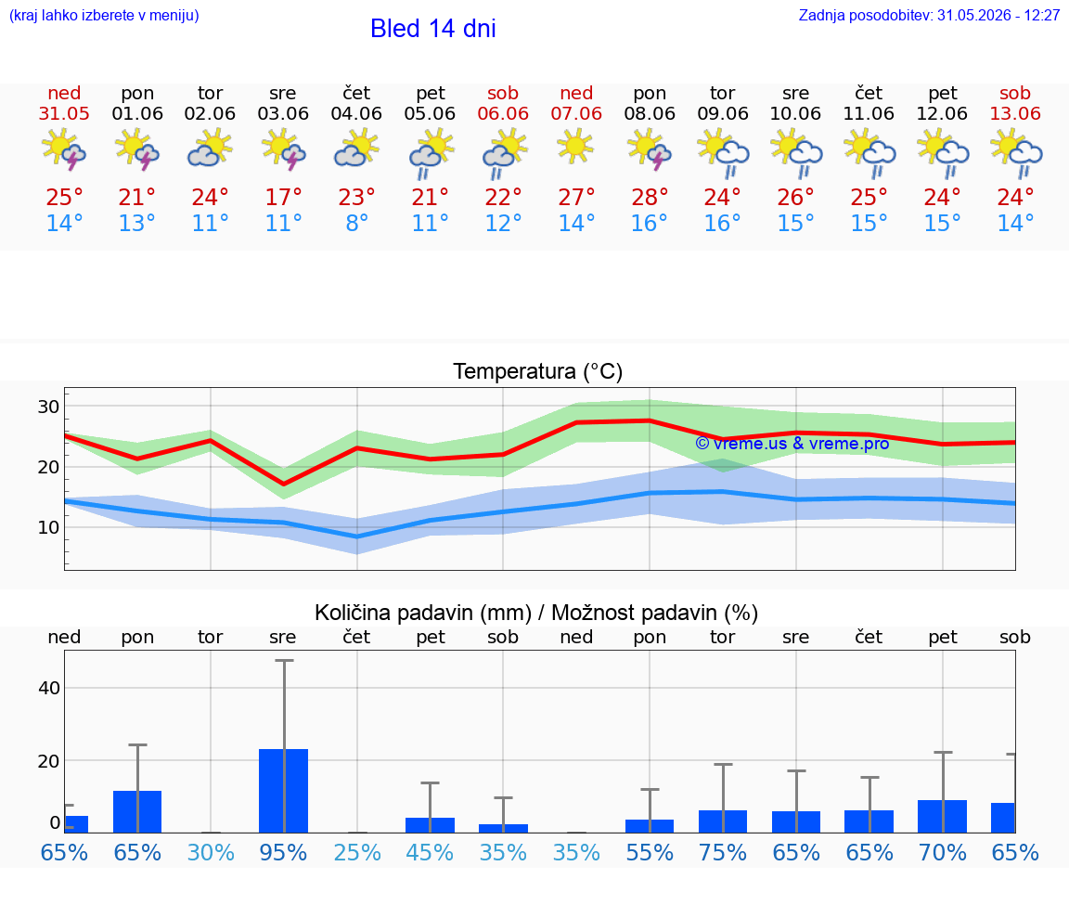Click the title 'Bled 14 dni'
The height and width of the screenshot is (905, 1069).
433,29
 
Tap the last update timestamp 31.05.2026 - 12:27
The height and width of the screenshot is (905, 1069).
998,15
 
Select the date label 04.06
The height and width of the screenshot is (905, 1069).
356,114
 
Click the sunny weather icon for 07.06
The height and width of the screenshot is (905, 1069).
575,147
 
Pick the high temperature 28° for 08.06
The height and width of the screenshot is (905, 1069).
649,198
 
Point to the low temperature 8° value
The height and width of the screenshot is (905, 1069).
356,223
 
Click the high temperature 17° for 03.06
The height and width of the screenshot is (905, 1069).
283,198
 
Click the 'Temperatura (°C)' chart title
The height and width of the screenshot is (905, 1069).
538,371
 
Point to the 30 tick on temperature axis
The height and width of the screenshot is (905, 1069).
48,407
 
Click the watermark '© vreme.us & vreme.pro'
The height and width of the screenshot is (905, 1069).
792,444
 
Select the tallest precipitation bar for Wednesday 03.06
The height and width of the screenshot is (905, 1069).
284,791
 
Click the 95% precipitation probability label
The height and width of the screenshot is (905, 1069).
283,853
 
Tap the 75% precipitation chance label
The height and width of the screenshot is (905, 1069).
723,853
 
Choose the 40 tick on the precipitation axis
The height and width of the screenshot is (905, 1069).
49,688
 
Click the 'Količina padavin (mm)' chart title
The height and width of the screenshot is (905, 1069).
423,613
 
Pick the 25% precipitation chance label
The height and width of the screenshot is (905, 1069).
356,853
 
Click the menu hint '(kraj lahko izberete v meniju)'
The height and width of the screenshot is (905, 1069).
104,15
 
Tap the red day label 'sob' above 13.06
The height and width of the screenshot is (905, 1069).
1014,94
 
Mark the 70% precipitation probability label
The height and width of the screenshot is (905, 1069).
942,853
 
